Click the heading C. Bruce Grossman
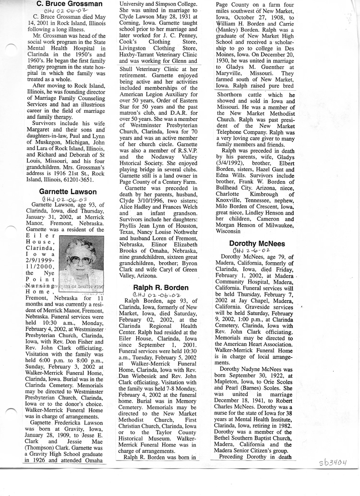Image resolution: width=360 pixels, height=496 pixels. pyautogui.click(x=70, y=4)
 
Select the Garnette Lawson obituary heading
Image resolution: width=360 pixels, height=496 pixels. pyautogui.click(x=68, y=192)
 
